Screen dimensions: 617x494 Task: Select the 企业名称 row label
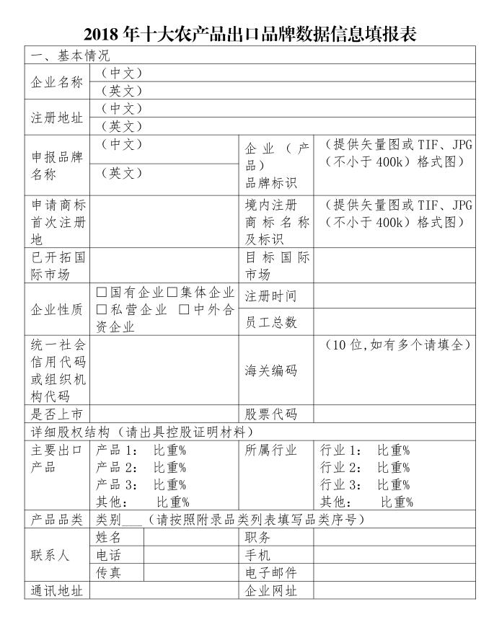tap(57, 81)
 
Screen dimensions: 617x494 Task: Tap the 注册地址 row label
tap(57, 117)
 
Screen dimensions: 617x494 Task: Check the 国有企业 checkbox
tap(102, 293)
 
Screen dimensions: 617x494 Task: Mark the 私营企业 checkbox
tap(102, 309)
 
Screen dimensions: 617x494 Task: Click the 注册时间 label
tap(270, 296)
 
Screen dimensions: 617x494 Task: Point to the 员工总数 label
tap(270, 322)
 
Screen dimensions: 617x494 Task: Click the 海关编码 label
tap(270, 371)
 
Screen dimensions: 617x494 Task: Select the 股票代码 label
tap(270, 414)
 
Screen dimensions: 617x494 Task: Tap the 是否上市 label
tap(57, 414)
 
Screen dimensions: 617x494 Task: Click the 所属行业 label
tap(270, 450)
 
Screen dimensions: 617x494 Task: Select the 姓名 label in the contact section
tap(109, 538)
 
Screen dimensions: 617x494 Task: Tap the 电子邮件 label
tap(270, 573)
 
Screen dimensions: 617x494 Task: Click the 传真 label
tap(109, 573)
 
